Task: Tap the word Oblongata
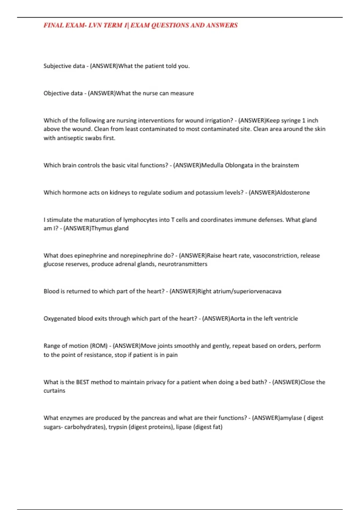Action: (x=239, y=165)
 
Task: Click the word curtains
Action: (x=54, y=391)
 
